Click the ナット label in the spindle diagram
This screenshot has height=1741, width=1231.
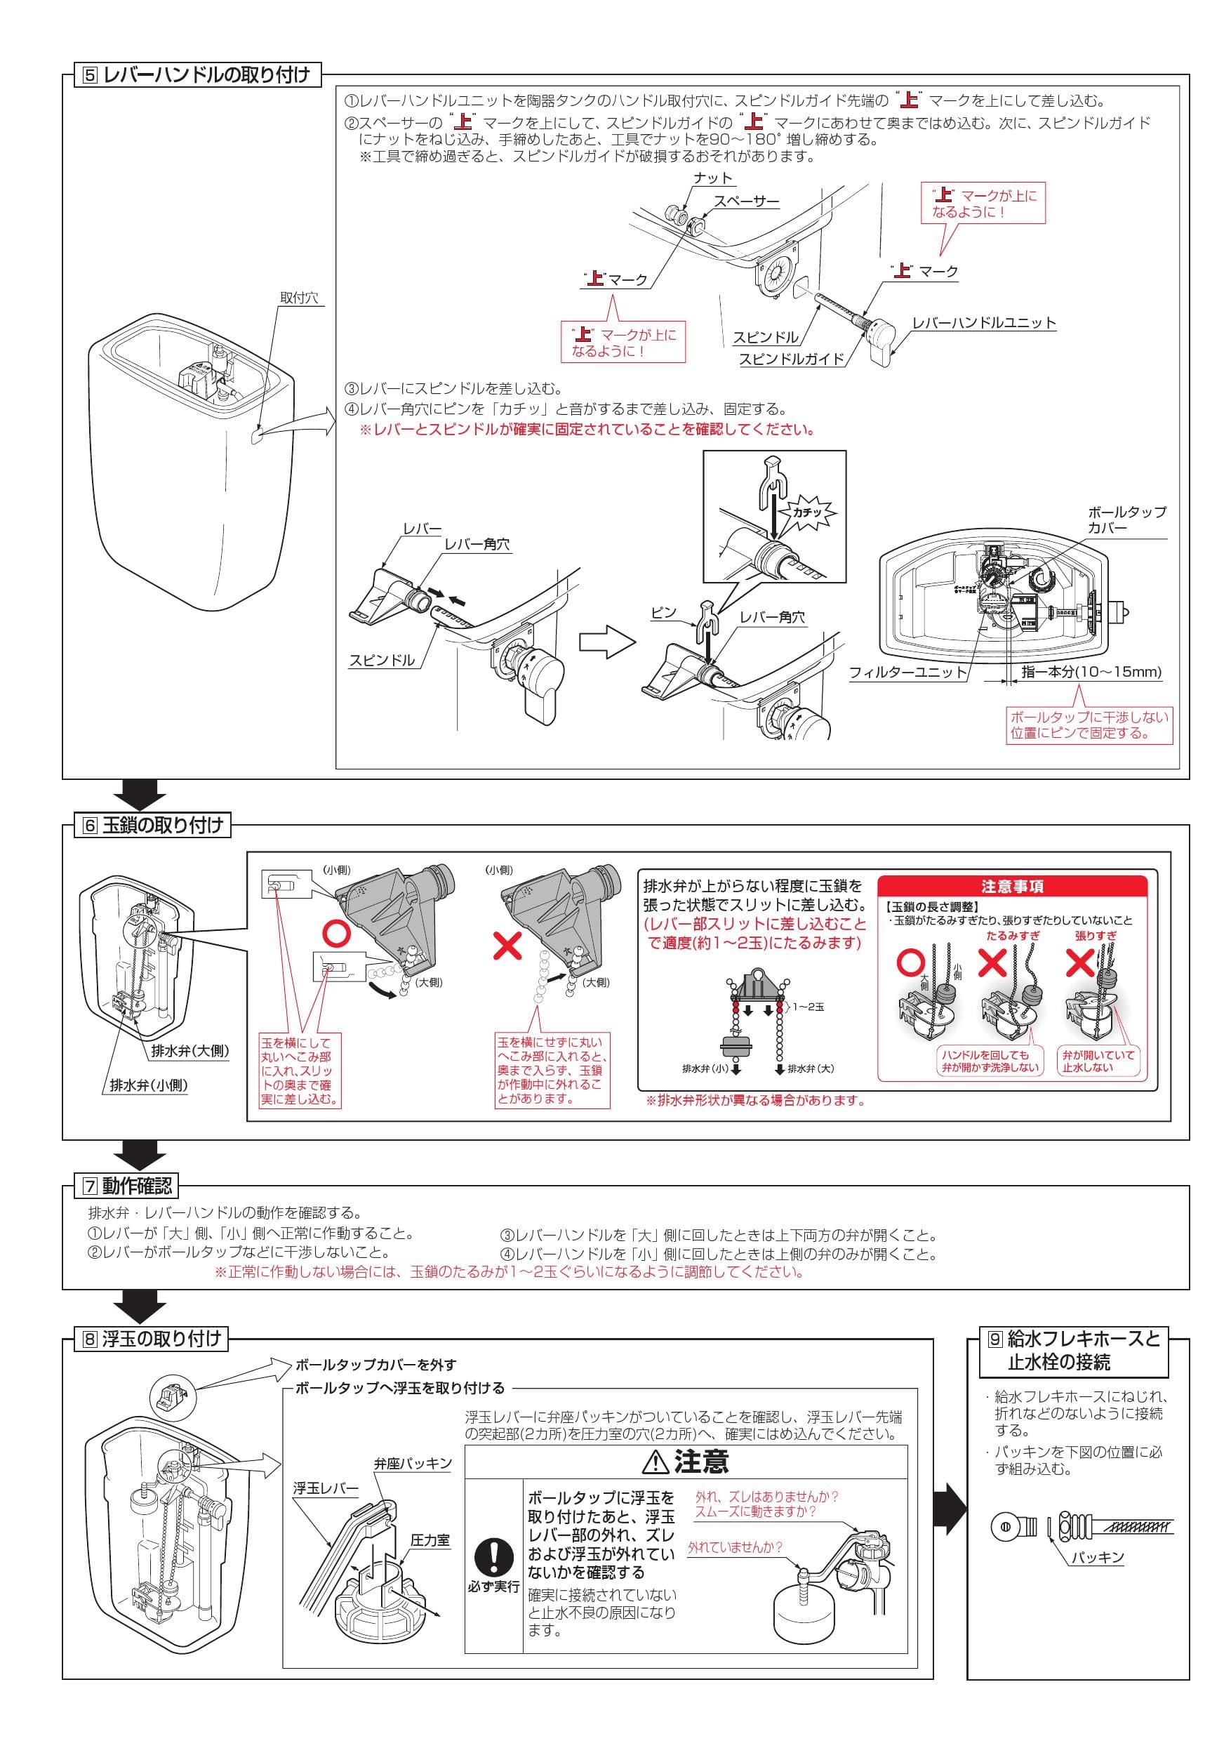tap(713, 178)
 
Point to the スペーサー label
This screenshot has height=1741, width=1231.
tap(747, 201)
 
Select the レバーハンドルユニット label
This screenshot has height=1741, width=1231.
tap(984, 322)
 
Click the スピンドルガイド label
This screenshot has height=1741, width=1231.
tap(792, 359)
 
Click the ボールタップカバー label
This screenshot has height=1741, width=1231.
tap(1126, 519)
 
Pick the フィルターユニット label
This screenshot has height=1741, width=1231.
tap(908, 672)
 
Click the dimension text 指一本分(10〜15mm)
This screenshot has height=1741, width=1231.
tap(1091, 671)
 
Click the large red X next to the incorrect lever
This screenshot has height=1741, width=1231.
tap(508, 945)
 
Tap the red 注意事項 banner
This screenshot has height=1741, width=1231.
tap(1012, 887)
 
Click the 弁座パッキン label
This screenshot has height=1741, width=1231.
tap(413, 1464)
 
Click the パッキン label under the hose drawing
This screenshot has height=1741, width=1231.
tap(1097, 1558)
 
